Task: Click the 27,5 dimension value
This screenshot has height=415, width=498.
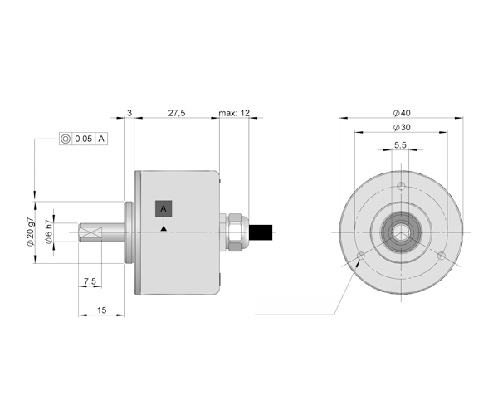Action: click(177, 113)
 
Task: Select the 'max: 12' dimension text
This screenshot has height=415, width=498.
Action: click(234, 113)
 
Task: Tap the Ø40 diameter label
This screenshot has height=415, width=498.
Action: click(402, 113)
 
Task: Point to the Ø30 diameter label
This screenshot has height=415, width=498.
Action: click(402, 127)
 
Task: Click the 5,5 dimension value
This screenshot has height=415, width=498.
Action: click(400, 145)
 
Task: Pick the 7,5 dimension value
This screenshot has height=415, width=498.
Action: click(90, 281)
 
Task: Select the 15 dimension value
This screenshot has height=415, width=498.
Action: click(101, 310)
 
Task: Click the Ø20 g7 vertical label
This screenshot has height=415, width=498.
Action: click(30, 232)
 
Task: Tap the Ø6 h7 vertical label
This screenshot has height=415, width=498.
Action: click(49, 232)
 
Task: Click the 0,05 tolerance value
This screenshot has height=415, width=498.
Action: click(84, 139)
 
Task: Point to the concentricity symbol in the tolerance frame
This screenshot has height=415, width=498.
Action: click(66, 139)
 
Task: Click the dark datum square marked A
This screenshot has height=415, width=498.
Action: click(164, 208)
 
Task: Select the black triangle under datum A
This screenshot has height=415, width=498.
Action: click(164, 228)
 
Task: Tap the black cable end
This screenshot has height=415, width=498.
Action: click(261, 232)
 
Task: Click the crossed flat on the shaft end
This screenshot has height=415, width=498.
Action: click(90, 232)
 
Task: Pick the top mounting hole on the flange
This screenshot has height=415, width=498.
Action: click(402, 186)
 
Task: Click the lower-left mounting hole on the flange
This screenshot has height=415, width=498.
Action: click(361, 256)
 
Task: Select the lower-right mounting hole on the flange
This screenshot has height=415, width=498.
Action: click(442, 256)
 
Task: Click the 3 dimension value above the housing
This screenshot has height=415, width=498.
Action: click(129, 113)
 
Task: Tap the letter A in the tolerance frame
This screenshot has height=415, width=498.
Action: click(101, 139)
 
